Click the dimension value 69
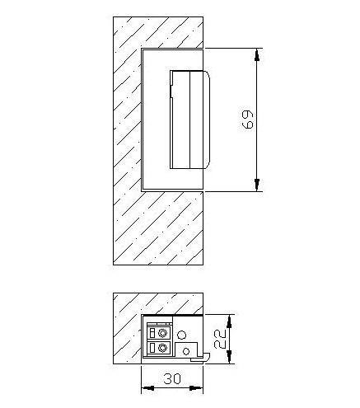tap(248, 120)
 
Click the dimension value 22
tap(219, 339)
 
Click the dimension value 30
tap(172, 378)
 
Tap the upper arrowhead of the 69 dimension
tap(257, 54)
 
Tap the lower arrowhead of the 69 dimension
tap(257, 185)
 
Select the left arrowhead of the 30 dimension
tap(147, 388)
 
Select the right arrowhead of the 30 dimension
tap(196, 388)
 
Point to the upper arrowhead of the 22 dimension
tap(230, 321)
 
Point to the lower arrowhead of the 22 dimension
tap(230, 358)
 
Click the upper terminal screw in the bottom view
tap(163, 334)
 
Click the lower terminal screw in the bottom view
tap(163, 349)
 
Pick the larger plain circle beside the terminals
tap(181, 335)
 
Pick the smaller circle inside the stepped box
tap(186, 351)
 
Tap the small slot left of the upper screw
tap(152, 334)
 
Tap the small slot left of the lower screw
tap(152, 349)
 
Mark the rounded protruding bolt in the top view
tap(190, 120)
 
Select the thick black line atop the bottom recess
tap(172, 315)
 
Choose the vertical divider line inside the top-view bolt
tap(189, 120)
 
